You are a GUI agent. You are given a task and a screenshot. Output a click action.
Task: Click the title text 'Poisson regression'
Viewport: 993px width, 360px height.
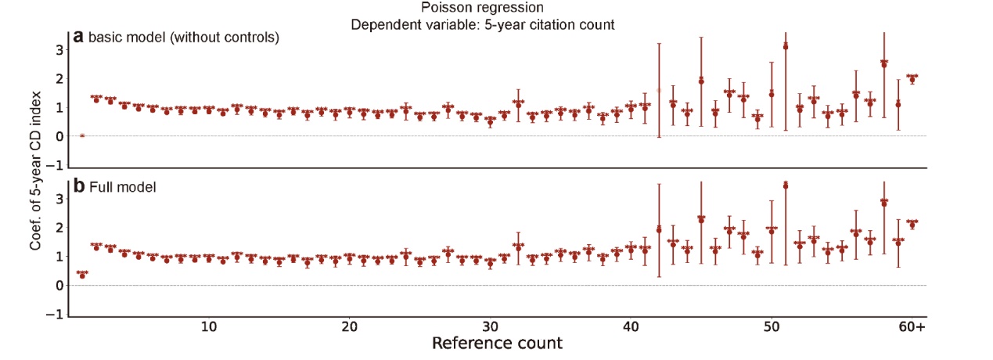click(482, 8)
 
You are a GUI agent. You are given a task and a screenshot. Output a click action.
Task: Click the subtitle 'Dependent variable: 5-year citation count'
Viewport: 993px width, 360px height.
click(482, 23)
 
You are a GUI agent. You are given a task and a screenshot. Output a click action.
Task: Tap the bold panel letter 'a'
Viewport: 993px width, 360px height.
click(78, 36)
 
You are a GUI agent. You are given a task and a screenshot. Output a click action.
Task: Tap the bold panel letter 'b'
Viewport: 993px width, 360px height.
click(79, 187)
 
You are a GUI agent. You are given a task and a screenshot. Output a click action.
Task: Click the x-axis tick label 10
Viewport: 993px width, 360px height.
click(208, 326)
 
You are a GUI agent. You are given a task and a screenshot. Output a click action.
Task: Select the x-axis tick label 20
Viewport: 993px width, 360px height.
click(350, 326)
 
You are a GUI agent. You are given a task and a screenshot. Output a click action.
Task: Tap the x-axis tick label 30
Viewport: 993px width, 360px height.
click(490, 326)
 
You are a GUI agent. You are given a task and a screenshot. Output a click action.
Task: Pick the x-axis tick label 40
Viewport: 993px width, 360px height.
click(631, 326)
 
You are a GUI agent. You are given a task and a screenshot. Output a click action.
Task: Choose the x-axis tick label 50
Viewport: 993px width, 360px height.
click(772, 326)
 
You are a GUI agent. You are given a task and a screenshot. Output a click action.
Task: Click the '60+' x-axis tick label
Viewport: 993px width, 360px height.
click(912, 326)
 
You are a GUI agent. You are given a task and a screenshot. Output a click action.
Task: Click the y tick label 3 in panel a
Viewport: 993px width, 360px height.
click(57, 49)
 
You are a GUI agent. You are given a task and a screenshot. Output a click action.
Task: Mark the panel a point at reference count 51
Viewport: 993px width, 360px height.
click(786, 46)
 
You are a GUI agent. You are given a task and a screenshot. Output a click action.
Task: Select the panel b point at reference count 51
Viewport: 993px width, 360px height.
click(786, 185)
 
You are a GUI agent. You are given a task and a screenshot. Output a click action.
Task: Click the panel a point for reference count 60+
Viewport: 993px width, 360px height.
click(912, 79)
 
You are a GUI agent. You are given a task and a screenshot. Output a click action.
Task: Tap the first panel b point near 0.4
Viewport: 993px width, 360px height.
click(82, 275)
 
